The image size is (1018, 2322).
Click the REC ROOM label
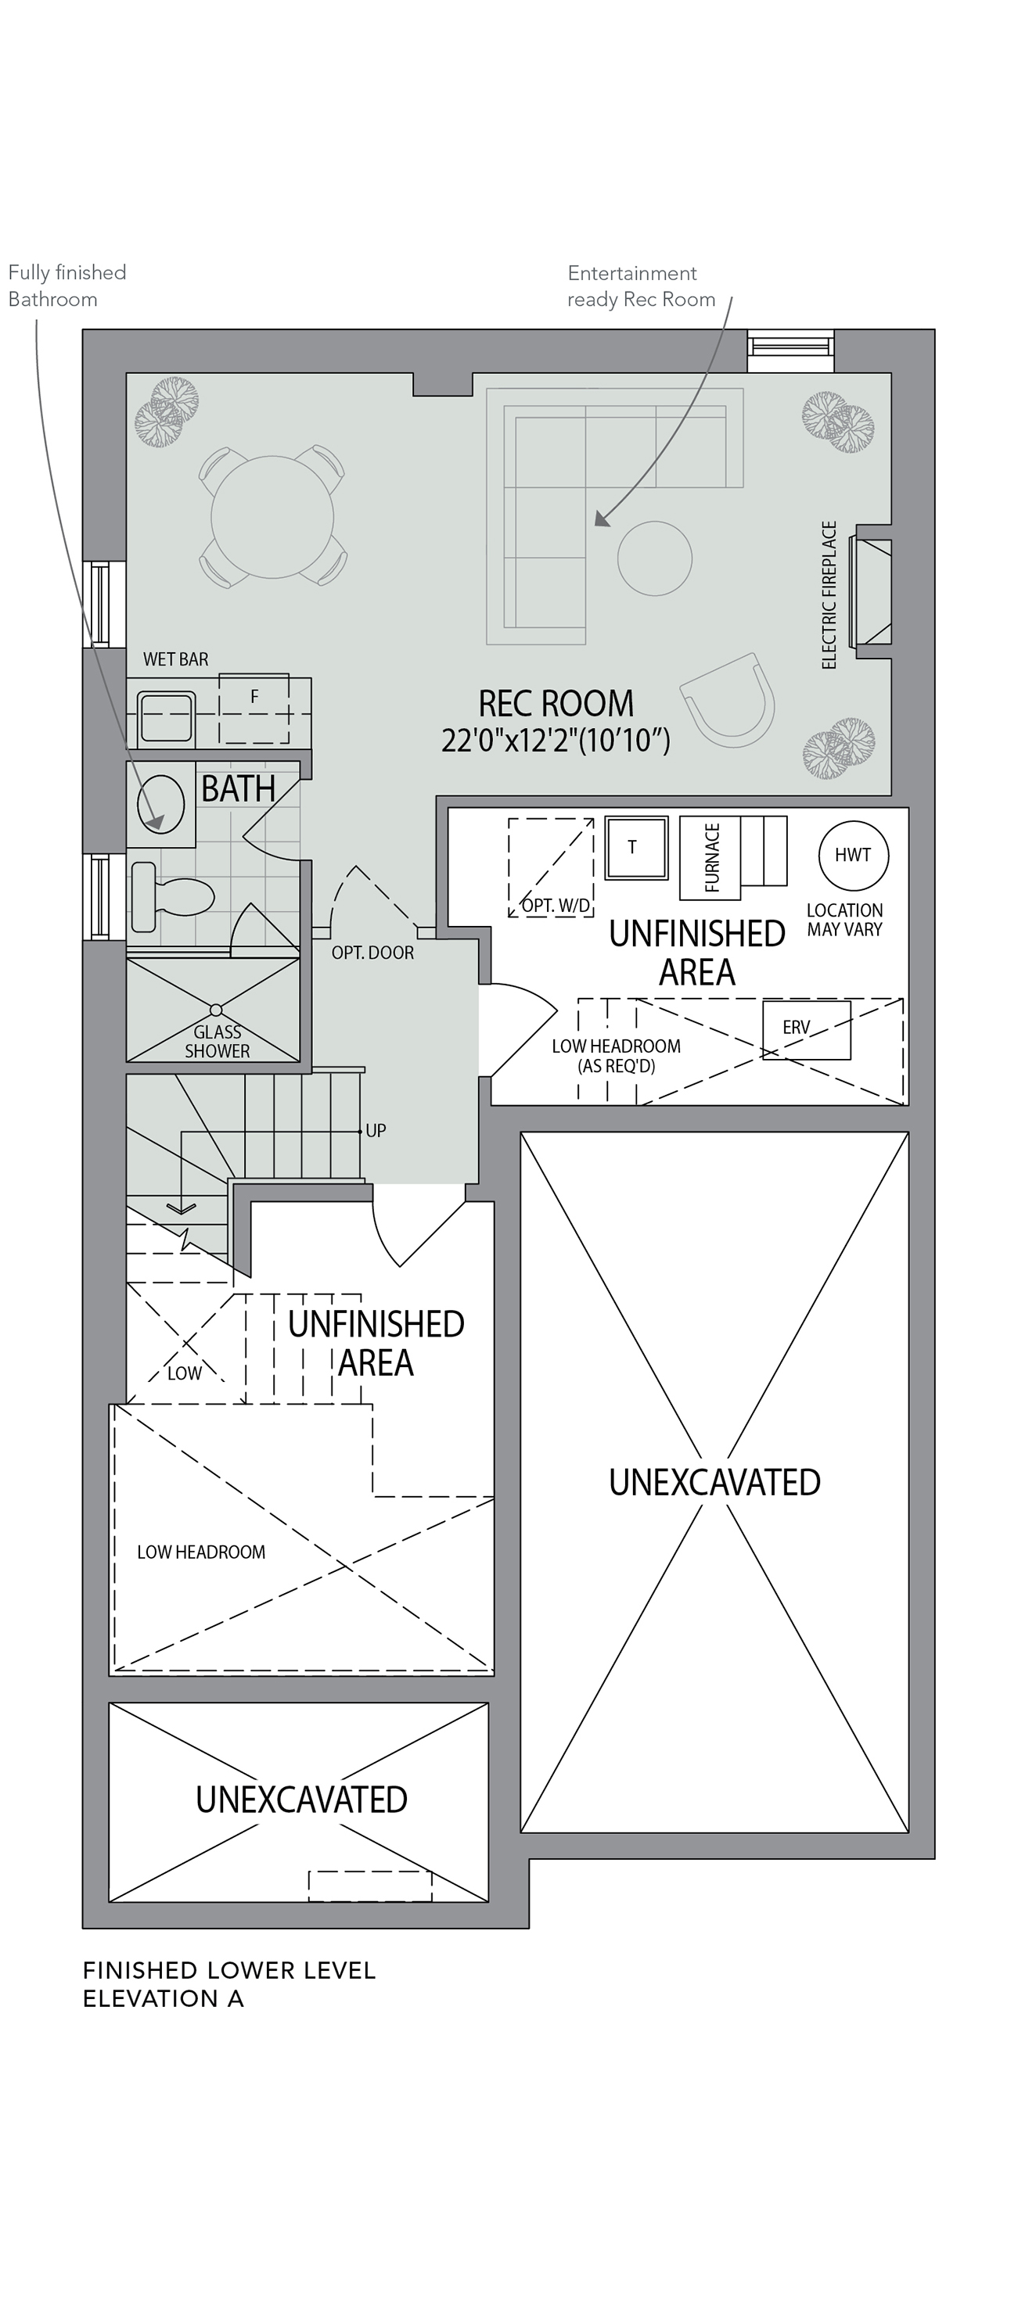tap(556, 703)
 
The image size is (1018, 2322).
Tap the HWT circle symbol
tap(853, 855)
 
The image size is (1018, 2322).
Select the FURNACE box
tap(710, 857)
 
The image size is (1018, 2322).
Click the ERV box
tap(806, 1029)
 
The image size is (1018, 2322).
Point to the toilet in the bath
tap(171, 897)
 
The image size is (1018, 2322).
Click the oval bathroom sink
tap(160, 804)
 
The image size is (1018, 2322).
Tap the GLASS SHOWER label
tap(218, 1041)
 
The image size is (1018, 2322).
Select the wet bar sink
tap(167, 717)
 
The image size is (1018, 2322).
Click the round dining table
tap(272, 516)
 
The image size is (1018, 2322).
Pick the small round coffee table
tap(655, 558)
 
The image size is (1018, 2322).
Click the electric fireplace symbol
tap(872, 592)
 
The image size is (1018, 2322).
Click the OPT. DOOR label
tap(372, 953)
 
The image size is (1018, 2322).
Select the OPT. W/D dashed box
tap(550, 867)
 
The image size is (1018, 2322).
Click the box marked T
tap(635, 847)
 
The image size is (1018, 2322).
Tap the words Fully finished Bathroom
tap(67, 285)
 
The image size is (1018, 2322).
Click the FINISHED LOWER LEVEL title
tap(229, 1971)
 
